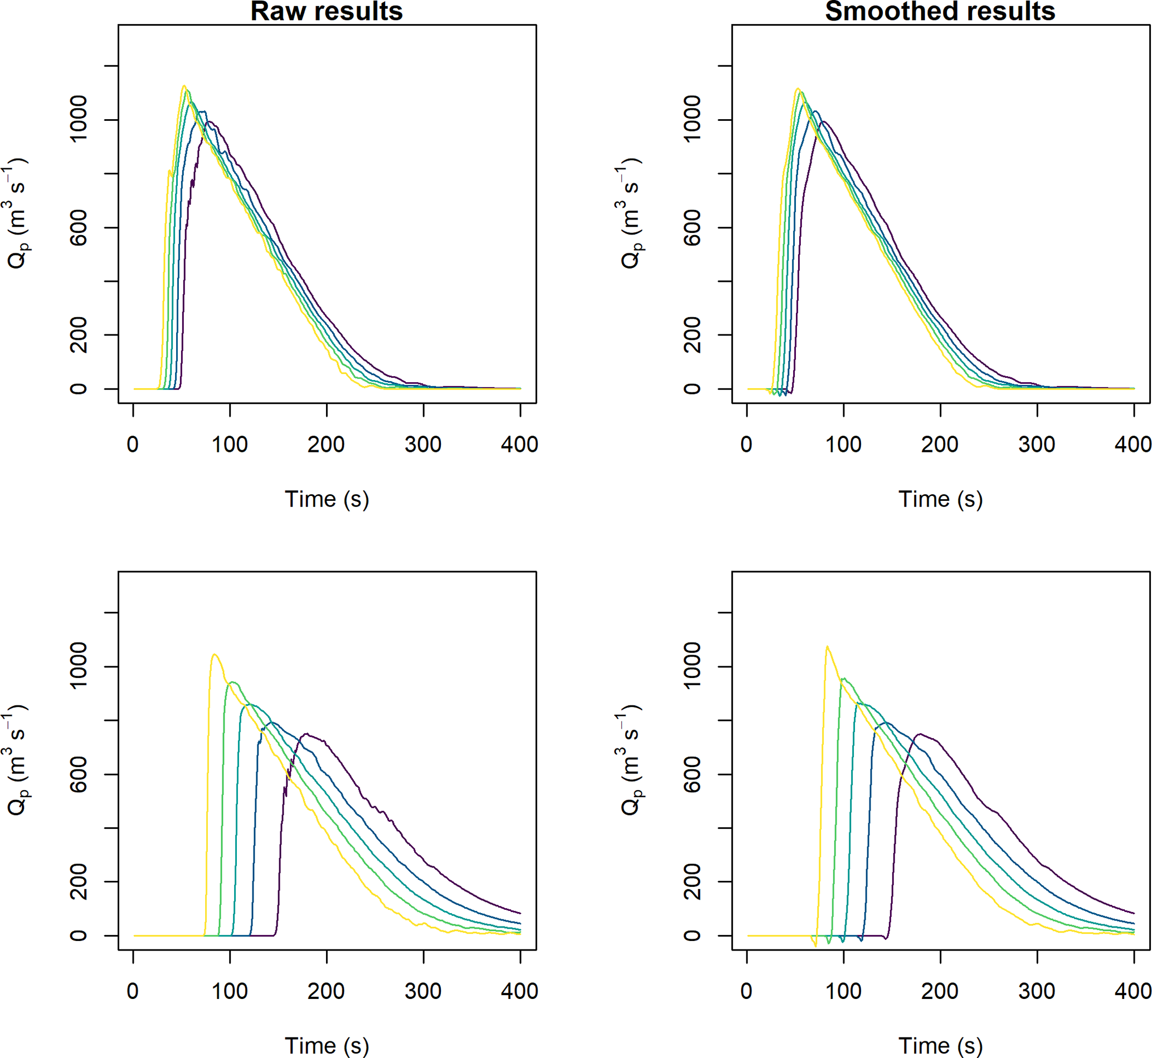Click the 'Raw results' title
click(x=327, y=12)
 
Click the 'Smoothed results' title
click(x=940, y=12)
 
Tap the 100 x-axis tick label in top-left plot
click(x=230, y=445)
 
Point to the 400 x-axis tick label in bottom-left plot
click(x=519, y=991)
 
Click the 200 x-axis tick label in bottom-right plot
click(x=940, y=991)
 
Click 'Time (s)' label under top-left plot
click(x=327, y=499)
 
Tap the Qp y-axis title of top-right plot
click(x=630, y=213)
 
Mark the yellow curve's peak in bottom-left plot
click(x=215, y=655)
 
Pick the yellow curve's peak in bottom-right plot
click(x=827, y=647)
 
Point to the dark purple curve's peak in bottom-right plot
click(x=920, y=734)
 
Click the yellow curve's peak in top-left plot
click(x=184, y=86)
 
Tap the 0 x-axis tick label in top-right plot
click(x=746, y=445)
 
